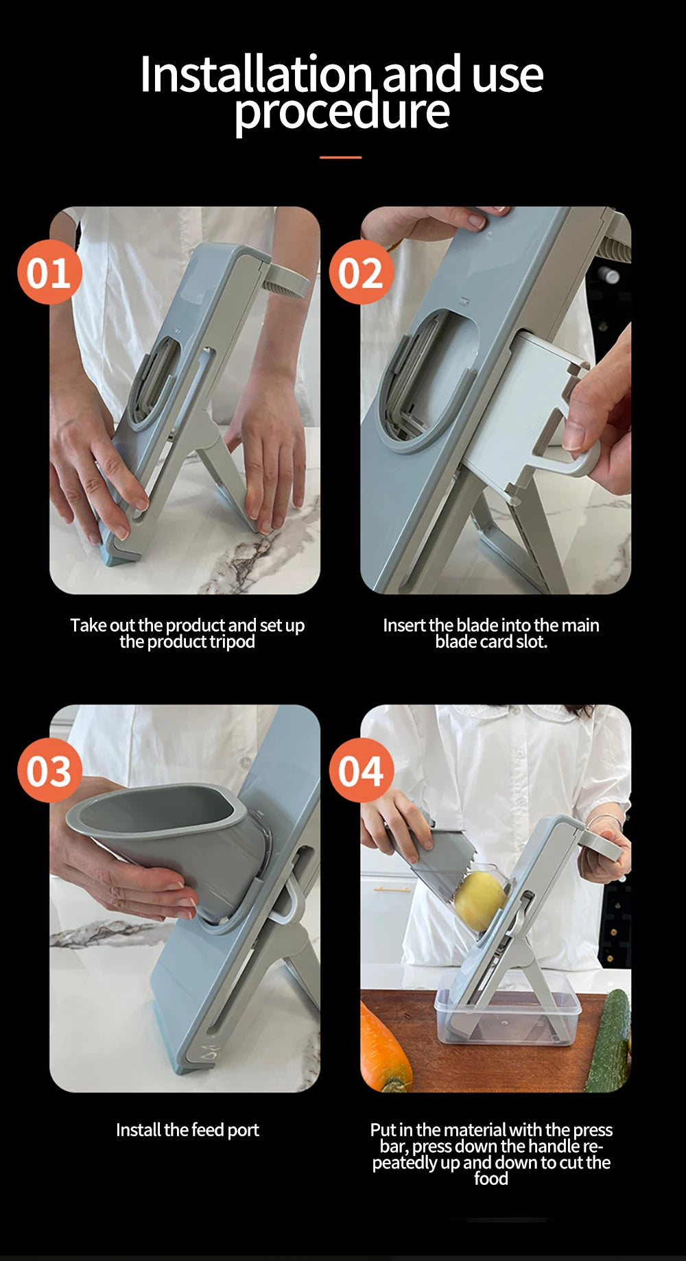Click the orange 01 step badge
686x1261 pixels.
(x=49, y=273)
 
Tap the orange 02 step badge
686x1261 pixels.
(x=362, y=273)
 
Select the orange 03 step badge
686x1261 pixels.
(x=49, y=771)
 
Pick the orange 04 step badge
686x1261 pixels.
(x=362, y=771)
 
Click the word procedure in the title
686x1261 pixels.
(x=342, y=111)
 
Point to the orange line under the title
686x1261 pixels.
(x=341, y=158)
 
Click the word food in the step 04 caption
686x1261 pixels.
(x=491, y=1179)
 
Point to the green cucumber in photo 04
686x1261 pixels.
(x=609, y=1042)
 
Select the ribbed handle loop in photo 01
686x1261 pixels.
(x=287, y=281)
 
